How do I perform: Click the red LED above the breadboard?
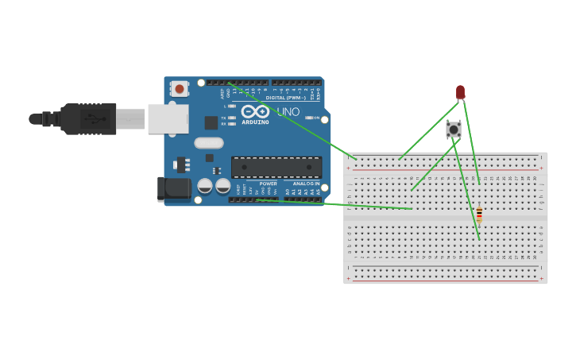pyautogui.click(x=460, y=92)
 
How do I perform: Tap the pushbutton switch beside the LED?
pyautogui.click(x=454, y=129)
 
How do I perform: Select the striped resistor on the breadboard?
pyautogui.click(x=479, y=215)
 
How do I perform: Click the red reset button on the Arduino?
pyautogui.click(x=180, y=89)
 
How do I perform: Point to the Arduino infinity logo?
pyautogui.click(x=256, y=111)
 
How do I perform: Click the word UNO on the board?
pyautogui.click(x=288, y=112)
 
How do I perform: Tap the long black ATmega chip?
pyautogui.click(x=276, y=167)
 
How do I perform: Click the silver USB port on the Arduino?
pyautogui.click(x=168, y=118)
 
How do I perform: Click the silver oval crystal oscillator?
pyautogui.click(x=208, y=143)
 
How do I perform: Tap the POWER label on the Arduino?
pyautogui.click(x=268, y=184)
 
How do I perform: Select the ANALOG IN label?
pyautogui.click(x=306, y=184)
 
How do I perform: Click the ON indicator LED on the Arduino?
pyautogui.click(x=307, y=118)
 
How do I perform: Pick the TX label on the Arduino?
pyautogui.click(x=224, y=118)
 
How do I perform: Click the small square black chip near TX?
pyautogui.click(x=211, y=122)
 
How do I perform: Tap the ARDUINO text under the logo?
pyautogui.click(x=256, y=122)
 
